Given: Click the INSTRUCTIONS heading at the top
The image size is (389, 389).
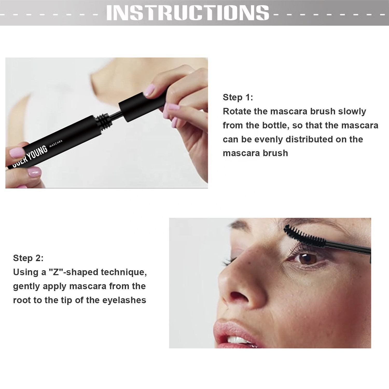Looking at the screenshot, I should coord(187,12).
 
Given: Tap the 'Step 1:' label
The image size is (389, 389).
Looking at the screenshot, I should coord(238,98).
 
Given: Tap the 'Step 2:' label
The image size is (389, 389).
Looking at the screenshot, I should coord(28,258).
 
